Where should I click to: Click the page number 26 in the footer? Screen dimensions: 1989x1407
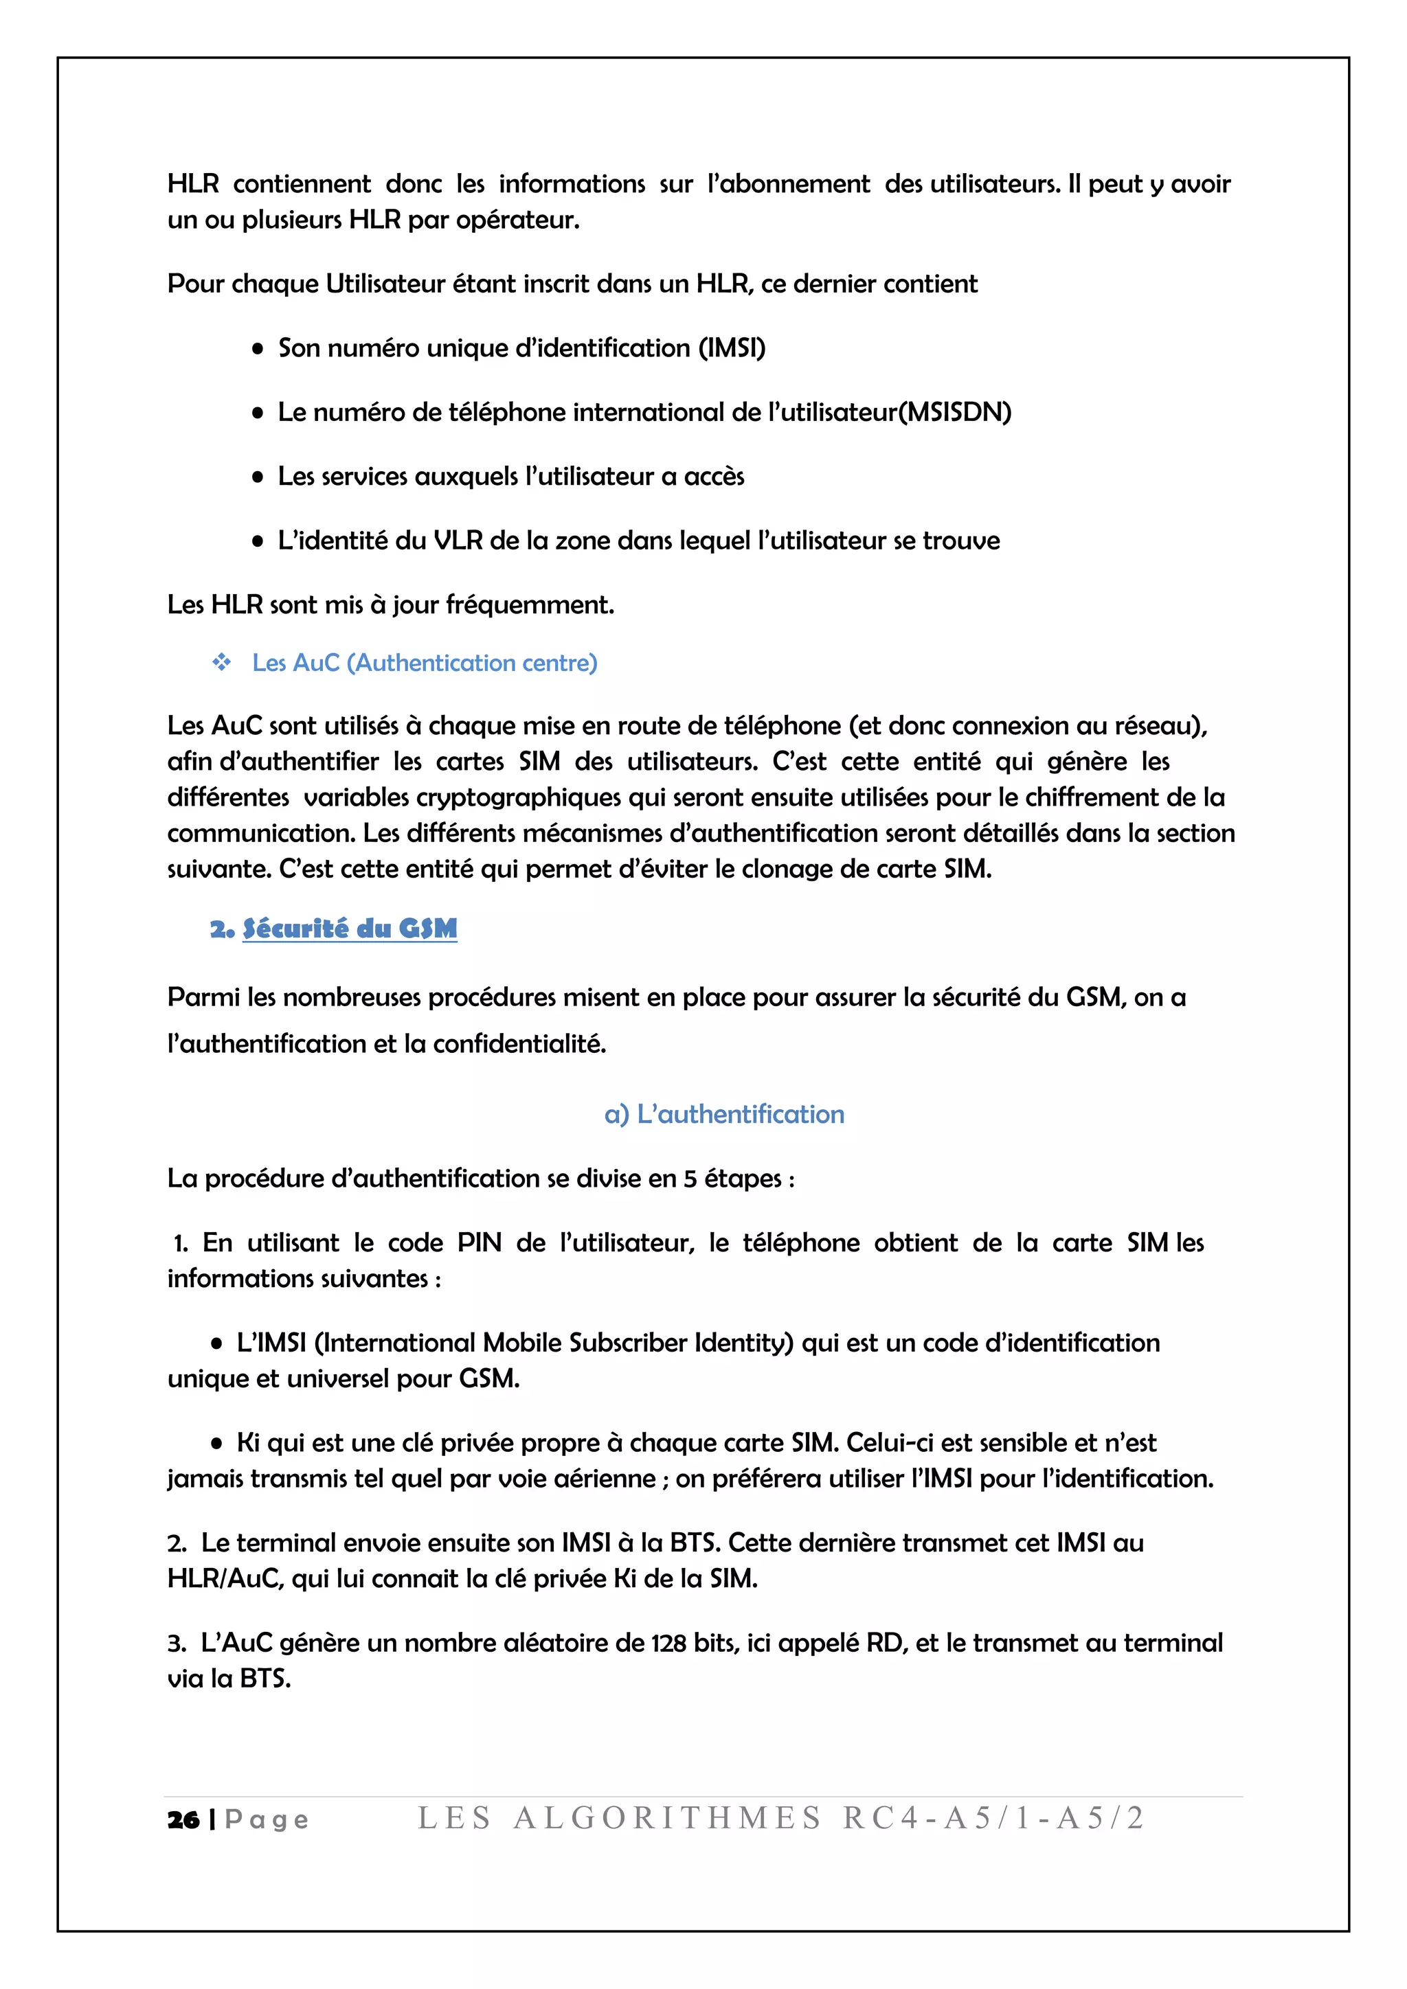click(183, 1820)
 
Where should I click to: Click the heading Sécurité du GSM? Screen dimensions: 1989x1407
click(349, 929)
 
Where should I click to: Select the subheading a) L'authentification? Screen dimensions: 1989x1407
click(723, 1114)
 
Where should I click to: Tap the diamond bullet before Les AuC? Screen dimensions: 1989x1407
click(222, 663)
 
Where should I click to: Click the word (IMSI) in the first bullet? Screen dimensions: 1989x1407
click(732, 348)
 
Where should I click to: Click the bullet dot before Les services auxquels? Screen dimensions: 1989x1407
click(258, 477)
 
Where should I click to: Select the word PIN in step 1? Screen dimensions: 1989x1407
click(479, 1243)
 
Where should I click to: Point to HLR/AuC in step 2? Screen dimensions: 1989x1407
click(225, 1579)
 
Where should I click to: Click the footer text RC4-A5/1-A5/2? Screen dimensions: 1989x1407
click(993, 1819)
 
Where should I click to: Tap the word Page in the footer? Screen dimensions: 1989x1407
click(266, 1820)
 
